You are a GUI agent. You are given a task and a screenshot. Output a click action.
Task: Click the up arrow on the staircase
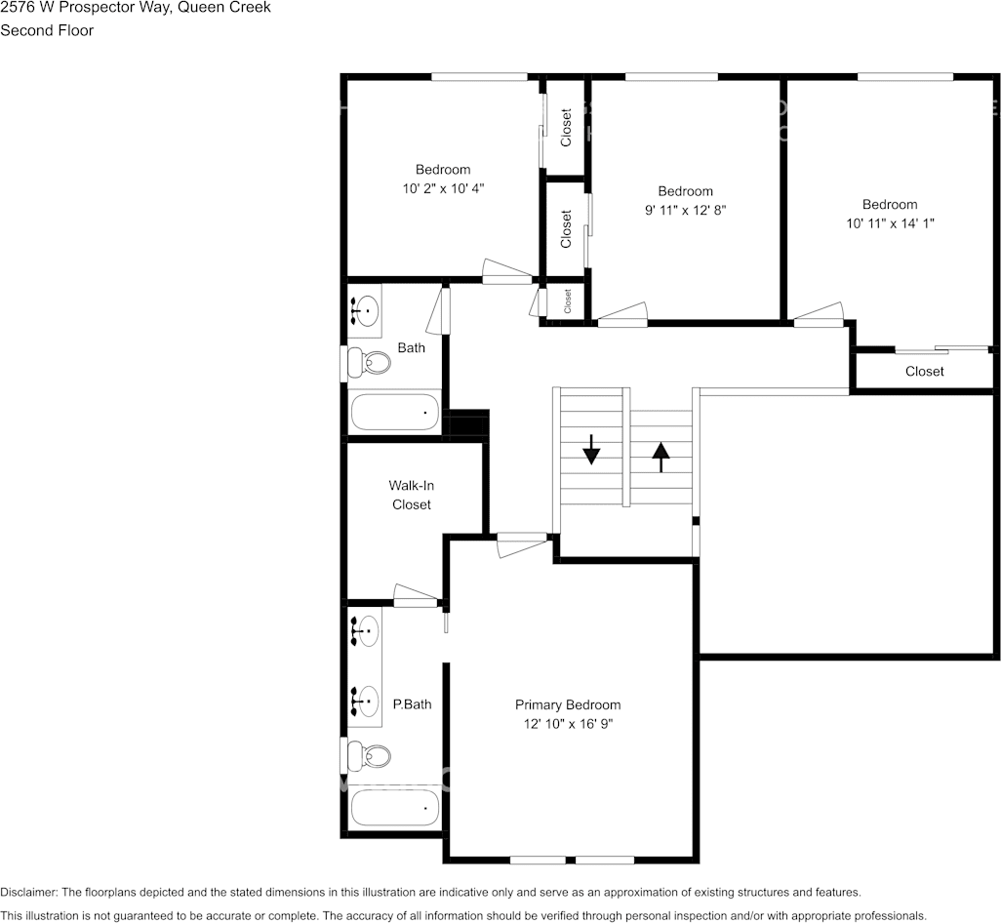(x=661, y=456)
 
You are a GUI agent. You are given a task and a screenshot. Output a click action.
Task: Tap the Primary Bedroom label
(x=567, y=704)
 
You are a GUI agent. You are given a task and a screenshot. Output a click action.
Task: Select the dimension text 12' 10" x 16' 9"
(x=567, y=724)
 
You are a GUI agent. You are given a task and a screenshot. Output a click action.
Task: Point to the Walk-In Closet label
(x=411, y=495)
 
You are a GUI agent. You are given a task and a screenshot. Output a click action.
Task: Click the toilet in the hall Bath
(x=368, y=364)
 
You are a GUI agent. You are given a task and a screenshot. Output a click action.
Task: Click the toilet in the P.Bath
(x=368, y=756)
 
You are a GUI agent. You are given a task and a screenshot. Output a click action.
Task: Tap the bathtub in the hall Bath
(x=395, y=413)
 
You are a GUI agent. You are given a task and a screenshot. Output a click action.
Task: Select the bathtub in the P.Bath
(x=395, y=807)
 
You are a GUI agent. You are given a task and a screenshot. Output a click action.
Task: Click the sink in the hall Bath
(x=365, y=311)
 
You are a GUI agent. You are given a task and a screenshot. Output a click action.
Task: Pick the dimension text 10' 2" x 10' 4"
(x=443, y=188)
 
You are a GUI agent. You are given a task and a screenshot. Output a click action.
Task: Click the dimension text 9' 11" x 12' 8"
(x=685, y=210)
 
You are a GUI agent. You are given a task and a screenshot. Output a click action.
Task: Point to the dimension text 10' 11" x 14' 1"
(x=890, y=223)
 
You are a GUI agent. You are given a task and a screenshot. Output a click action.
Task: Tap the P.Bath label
(x=412, y=703)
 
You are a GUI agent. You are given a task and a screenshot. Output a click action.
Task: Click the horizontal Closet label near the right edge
(x=924, y=371)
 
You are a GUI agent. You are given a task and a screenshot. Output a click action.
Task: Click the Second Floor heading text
(x=47, y=30)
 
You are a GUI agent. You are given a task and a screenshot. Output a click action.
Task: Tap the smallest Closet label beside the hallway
(x=567, y=301)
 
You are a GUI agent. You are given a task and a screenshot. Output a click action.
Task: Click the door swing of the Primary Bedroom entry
(x=522, y=544)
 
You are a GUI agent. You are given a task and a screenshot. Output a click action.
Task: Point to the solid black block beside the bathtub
(x=465, y=424)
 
